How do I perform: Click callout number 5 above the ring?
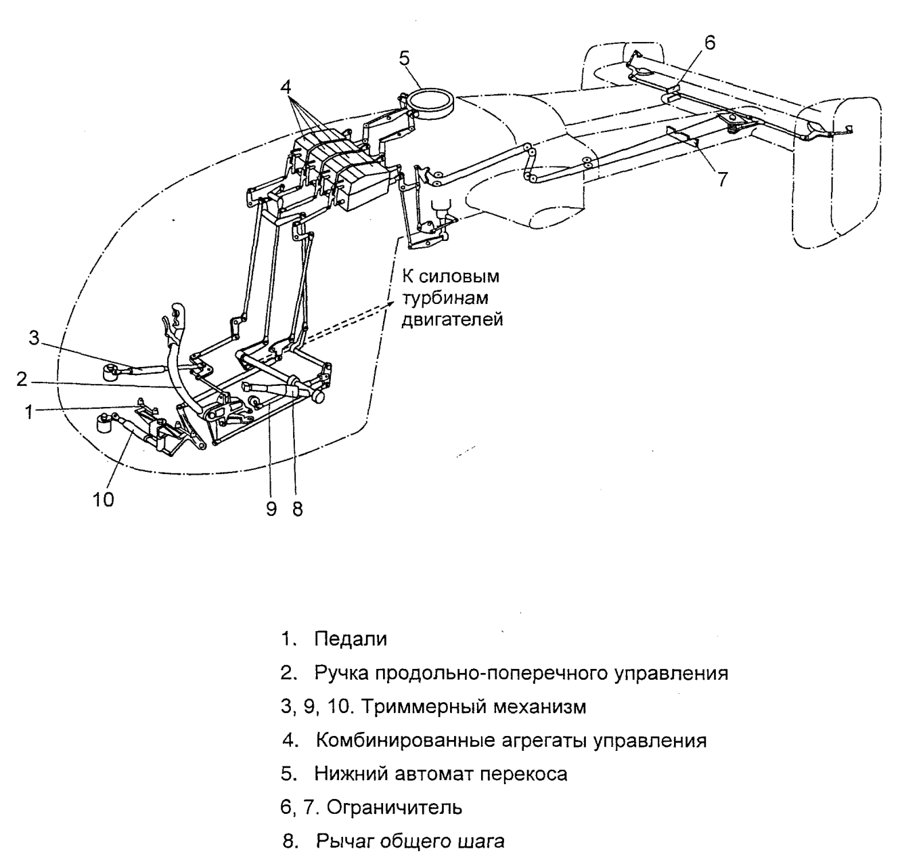[404, 58]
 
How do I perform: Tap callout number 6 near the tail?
[708, 42]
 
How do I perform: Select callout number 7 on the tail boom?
[723, 179]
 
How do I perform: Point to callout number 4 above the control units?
[286, 87]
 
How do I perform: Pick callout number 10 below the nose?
[104, 499]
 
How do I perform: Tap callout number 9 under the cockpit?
[271, 509]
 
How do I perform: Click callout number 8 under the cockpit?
[297, 509]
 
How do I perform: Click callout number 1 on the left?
[28, 411]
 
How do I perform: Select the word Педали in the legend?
[351, 639]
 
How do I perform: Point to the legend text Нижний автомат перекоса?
[441, 773]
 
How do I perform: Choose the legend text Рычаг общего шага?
[410, 842]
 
